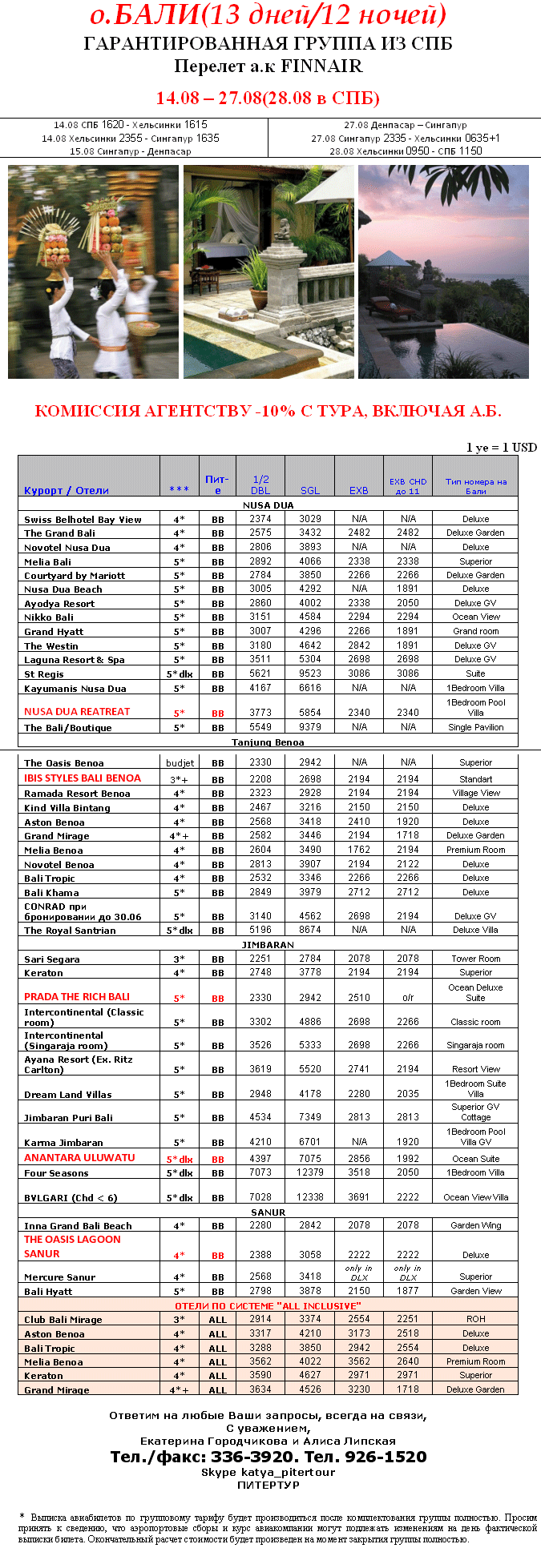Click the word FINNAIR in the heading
(x=321, y=66)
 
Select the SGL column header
(x=309, y=490)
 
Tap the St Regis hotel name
(x=44, y=674)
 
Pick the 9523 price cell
(x=309, y=674)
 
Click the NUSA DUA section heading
(x=268, y=505)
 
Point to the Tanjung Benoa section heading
(x=268, y=742)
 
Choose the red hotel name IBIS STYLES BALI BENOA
(x=83, y=778)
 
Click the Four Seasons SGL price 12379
(x=309, y=1172)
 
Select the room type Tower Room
(x=475, y=959)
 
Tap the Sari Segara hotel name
(x=52, y=959)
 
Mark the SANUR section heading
(x=268, y=1212)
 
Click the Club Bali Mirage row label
(x=63, y=1320)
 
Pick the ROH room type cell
(x=475, y=1319)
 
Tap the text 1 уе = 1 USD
(x=502, y=448)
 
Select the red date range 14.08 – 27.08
(x=209, y=99)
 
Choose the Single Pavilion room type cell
(x=475, y=727)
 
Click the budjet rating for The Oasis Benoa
(x=180, y=763)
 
